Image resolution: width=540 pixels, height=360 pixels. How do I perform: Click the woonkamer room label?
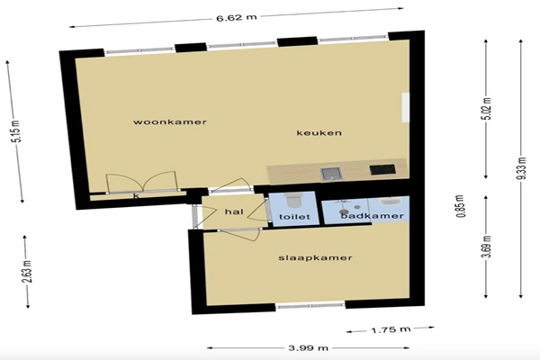(170, 122)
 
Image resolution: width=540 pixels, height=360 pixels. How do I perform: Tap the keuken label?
(319, 133)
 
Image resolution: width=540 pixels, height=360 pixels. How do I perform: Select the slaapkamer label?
(315, 257)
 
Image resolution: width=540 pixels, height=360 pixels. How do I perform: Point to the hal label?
(234, 211)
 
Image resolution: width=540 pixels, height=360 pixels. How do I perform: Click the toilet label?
(294, 217)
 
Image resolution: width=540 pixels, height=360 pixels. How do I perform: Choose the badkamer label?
(373, 216)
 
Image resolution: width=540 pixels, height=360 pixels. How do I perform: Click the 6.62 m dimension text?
(237, 18)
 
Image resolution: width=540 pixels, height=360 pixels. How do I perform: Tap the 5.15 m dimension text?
(16, 131)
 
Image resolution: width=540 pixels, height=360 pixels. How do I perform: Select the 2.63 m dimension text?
(27, 272)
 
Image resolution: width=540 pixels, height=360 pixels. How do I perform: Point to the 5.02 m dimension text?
(488, 109)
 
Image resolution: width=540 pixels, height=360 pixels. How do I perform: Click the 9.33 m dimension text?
(522, 168)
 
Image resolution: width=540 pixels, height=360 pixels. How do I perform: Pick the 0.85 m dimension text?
(461, 206)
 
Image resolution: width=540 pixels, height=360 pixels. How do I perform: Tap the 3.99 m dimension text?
(308, 348)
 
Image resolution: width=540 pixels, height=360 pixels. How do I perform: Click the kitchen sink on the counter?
(331, 174)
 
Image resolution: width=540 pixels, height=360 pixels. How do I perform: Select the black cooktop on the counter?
(382, 169)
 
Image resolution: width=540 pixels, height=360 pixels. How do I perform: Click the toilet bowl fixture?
(293, 200)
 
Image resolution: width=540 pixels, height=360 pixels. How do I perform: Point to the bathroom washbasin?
(389, 202)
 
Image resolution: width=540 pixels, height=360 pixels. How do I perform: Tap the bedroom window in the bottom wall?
(310, 305)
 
